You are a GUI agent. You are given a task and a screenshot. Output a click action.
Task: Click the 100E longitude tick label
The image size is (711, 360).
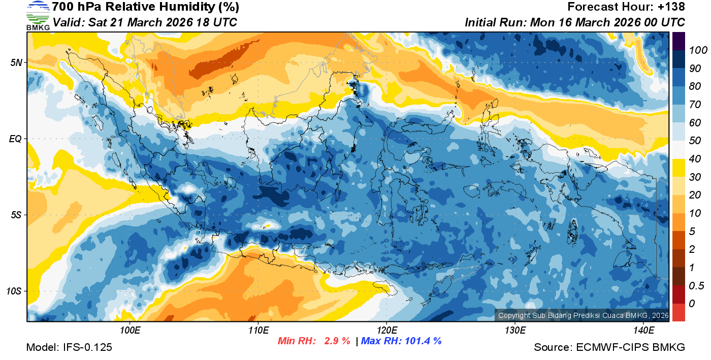(x=130, y=331)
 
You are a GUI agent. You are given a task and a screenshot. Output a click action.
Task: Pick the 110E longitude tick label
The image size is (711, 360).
(x=258, y=331)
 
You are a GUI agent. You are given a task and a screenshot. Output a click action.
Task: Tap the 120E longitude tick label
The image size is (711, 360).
(x=387, y=331)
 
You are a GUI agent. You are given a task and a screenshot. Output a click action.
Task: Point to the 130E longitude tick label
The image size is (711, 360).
(x=515, y=331)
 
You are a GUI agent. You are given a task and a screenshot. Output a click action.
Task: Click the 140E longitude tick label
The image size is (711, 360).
(x=643, y=331)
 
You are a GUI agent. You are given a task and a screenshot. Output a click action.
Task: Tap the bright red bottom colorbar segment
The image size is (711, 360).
(x=678, y=312)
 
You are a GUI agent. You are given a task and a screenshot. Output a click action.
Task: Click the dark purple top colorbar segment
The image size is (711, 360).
(x=678, y=41)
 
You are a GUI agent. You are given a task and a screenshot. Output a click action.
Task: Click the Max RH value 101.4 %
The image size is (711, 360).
(x=421, y=341)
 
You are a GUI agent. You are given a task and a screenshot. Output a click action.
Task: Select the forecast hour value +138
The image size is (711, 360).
(x=672, y=7)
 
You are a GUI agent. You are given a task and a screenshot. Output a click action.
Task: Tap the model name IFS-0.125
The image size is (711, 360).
(x=87, y=347)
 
